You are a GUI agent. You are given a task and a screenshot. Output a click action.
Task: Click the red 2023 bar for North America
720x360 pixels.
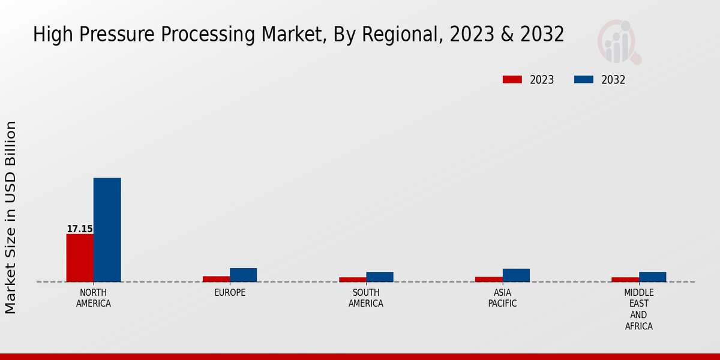[80, 257]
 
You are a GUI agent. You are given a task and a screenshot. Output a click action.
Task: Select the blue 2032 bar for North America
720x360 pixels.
[107, 230]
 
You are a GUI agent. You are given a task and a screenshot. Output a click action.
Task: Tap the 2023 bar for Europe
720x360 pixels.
[216, 278]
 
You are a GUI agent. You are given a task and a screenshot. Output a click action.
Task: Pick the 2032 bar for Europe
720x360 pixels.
[243, 275]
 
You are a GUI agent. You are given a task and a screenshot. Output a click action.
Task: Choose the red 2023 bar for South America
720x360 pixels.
[352, 279]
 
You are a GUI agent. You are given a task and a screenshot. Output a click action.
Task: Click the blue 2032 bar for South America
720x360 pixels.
[380, 277]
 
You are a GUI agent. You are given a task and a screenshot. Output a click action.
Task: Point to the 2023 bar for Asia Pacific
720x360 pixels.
[488, 279]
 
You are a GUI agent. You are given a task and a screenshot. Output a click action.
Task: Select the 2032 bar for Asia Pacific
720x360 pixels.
[516, 275]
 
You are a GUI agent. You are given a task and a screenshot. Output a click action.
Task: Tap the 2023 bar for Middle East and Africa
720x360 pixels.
[625, 279]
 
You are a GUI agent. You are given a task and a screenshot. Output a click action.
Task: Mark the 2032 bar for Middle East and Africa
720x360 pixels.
[652, 277]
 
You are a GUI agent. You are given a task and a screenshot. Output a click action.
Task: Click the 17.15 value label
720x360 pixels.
[79, 229]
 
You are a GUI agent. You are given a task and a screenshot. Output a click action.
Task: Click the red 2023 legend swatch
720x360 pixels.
[512, 80]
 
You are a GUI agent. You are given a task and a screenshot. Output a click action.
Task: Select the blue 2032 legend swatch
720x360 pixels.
[584, 80]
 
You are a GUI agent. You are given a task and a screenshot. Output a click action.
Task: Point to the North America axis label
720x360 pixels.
[94, 298]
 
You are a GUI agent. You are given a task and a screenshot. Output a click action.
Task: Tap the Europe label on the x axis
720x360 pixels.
[230, 293]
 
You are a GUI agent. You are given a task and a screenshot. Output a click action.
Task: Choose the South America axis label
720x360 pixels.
[366, 298]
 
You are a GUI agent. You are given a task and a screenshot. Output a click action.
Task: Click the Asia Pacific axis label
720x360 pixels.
[502, 298]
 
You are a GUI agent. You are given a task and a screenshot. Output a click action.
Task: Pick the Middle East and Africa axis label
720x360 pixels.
[638, 309]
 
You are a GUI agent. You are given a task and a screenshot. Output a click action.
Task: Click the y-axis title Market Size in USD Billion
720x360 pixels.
[11, 217]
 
